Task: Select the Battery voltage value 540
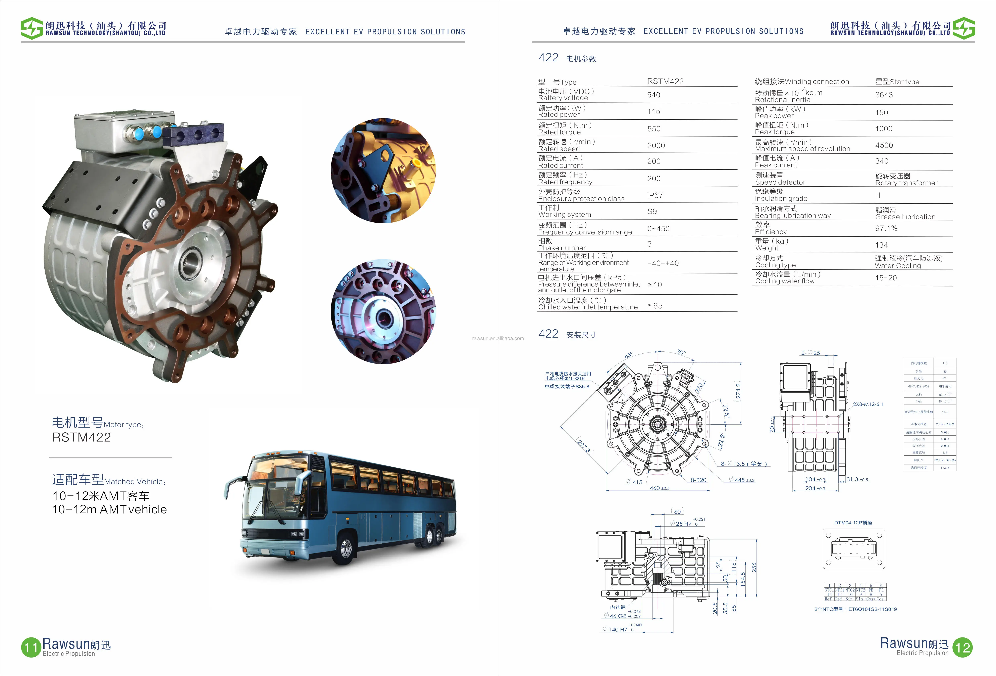[653, 95]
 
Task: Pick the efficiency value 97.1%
[886, 229]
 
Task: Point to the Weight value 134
[881, 245]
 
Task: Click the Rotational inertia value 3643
[884, 95]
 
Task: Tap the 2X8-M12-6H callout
[868, 404]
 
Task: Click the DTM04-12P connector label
[853, 523]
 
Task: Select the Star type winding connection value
[897, 82]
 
